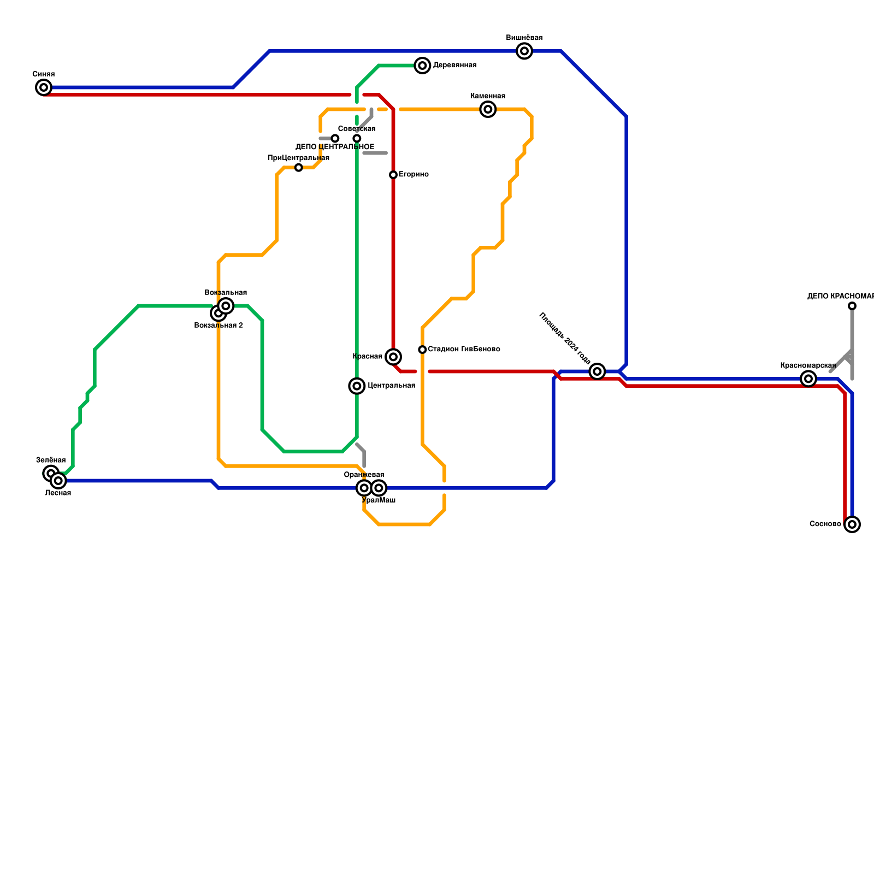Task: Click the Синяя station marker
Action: (x=44, y=87)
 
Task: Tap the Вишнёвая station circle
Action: (x=524, y=51)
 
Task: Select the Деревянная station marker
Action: (x=422, y=66)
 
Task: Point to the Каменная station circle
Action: (x=488, y=109)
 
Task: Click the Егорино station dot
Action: (x=393, y=175)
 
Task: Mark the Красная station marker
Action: (x=393, y=357)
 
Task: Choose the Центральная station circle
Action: (x=357, y=386)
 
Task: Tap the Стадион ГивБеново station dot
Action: (x=422, y=350)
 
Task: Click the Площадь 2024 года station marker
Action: (x=598, y=371)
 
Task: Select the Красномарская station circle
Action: (x=808, y=379)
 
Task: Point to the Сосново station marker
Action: (x=852, y=524)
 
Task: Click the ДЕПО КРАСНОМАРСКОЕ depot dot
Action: (x=852, y=306)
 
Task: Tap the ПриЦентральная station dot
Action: (x=298, y=168)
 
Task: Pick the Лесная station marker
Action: (x=58, y=481)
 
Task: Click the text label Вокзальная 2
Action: (x=218, y=326)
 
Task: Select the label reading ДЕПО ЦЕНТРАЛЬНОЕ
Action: (x=335, y=147)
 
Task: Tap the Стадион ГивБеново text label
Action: (x=464, y=349)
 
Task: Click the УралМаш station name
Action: (x=379, y=500)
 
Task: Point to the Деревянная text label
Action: (x=454, y=66)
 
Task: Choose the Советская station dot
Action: (x=357, y=138)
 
